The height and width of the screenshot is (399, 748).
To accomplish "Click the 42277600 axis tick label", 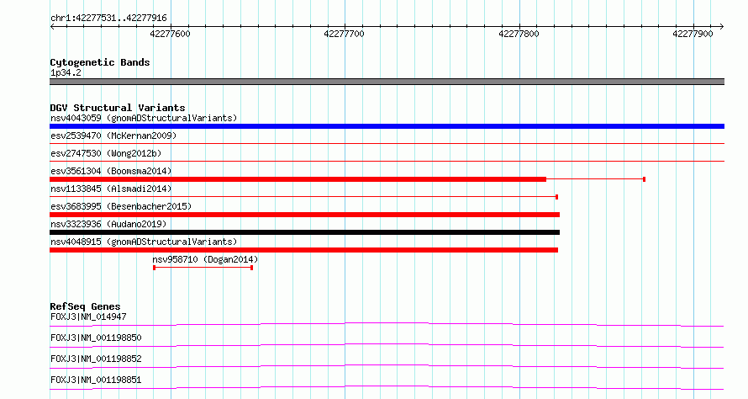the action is [x=170, y=34].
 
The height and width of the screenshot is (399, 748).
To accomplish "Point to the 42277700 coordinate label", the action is [x=344, y=34].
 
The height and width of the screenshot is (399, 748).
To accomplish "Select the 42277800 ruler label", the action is [x=519, y=34].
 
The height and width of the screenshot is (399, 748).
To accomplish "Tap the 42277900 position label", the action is [x=693, y=34].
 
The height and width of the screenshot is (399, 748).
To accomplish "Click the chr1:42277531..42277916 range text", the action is [x=108, y=19].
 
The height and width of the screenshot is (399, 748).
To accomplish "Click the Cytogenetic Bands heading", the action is [x=100, y=62].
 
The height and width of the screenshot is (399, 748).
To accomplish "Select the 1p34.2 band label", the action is [x=66, y=72].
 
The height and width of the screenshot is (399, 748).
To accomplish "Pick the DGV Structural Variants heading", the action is [x=118, y=108].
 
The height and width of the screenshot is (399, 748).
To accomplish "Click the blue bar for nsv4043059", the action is [x=387, y=126].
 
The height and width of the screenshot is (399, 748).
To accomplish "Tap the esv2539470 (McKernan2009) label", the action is [x=113, y=136].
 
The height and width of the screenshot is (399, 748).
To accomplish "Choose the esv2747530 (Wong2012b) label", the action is [x=106, y=153].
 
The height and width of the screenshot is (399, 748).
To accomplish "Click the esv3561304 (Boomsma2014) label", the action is [x=111, y=171].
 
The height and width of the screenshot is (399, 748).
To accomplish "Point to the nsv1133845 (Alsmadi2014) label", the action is [x=111, y=189].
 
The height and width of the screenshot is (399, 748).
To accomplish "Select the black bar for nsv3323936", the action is [x=304, y=232].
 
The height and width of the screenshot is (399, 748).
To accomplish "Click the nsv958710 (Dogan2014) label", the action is [x=205, y=259].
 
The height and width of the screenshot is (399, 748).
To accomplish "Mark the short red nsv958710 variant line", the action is [x=203, y=268].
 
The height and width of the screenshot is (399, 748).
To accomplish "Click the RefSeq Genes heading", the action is [x=85, y=306].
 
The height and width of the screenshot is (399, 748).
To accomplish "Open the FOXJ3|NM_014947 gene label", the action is [x=88, y=317].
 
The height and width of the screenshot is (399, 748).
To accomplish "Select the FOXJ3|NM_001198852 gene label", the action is [x=96, y=359].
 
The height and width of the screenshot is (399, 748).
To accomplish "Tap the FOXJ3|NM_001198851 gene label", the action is [x=96, y=380].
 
